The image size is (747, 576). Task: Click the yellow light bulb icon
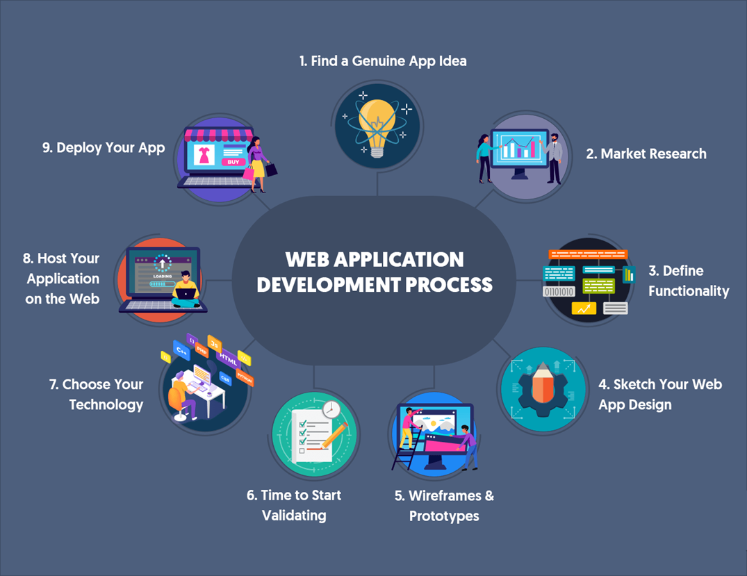(x=377, y=124)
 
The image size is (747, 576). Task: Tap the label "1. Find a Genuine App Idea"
(x=383, y=61)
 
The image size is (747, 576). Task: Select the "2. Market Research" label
(x=646, y=154)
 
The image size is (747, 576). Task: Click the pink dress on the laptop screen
(x=204, y=155)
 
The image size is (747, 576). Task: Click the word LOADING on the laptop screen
(x=162, y=275)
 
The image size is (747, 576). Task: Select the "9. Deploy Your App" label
(x=104, y=148)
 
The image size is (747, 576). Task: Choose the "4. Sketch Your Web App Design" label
(x=659, y=394)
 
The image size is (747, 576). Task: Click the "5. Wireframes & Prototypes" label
(x=444, y=506)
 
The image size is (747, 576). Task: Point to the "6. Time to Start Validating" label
(x=294, y=505)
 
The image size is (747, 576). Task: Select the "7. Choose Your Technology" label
(x=96, y=394)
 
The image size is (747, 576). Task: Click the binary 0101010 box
(x=559, y=292)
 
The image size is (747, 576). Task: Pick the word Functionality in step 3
(x=689, y=291)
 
